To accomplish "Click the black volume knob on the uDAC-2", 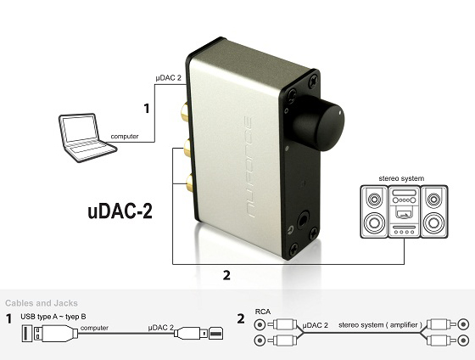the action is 319,123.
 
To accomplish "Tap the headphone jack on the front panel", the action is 304,221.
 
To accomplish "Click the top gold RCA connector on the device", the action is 184,112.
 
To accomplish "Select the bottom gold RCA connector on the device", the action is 190,183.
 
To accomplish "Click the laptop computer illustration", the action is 87,138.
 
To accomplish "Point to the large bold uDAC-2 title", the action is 120,211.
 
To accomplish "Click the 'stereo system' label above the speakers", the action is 401,178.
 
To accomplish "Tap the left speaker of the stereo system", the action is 374,211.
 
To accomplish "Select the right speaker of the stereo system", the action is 433,211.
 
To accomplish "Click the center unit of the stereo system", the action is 404,211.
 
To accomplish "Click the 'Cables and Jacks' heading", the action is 42,303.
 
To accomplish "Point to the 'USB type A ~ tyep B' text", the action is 53,317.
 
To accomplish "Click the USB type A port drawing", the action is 26,334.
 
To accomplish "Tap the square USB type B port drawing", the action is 216,334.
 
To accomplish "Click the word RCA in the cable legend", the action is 263,312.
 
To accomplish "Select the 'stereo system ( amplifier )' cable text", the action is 380,325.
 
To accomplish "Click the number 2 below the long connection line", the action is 226,275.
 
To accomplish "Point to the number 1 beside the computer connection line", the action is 147,109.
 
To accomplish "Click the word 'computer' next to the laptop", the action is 125,137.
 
